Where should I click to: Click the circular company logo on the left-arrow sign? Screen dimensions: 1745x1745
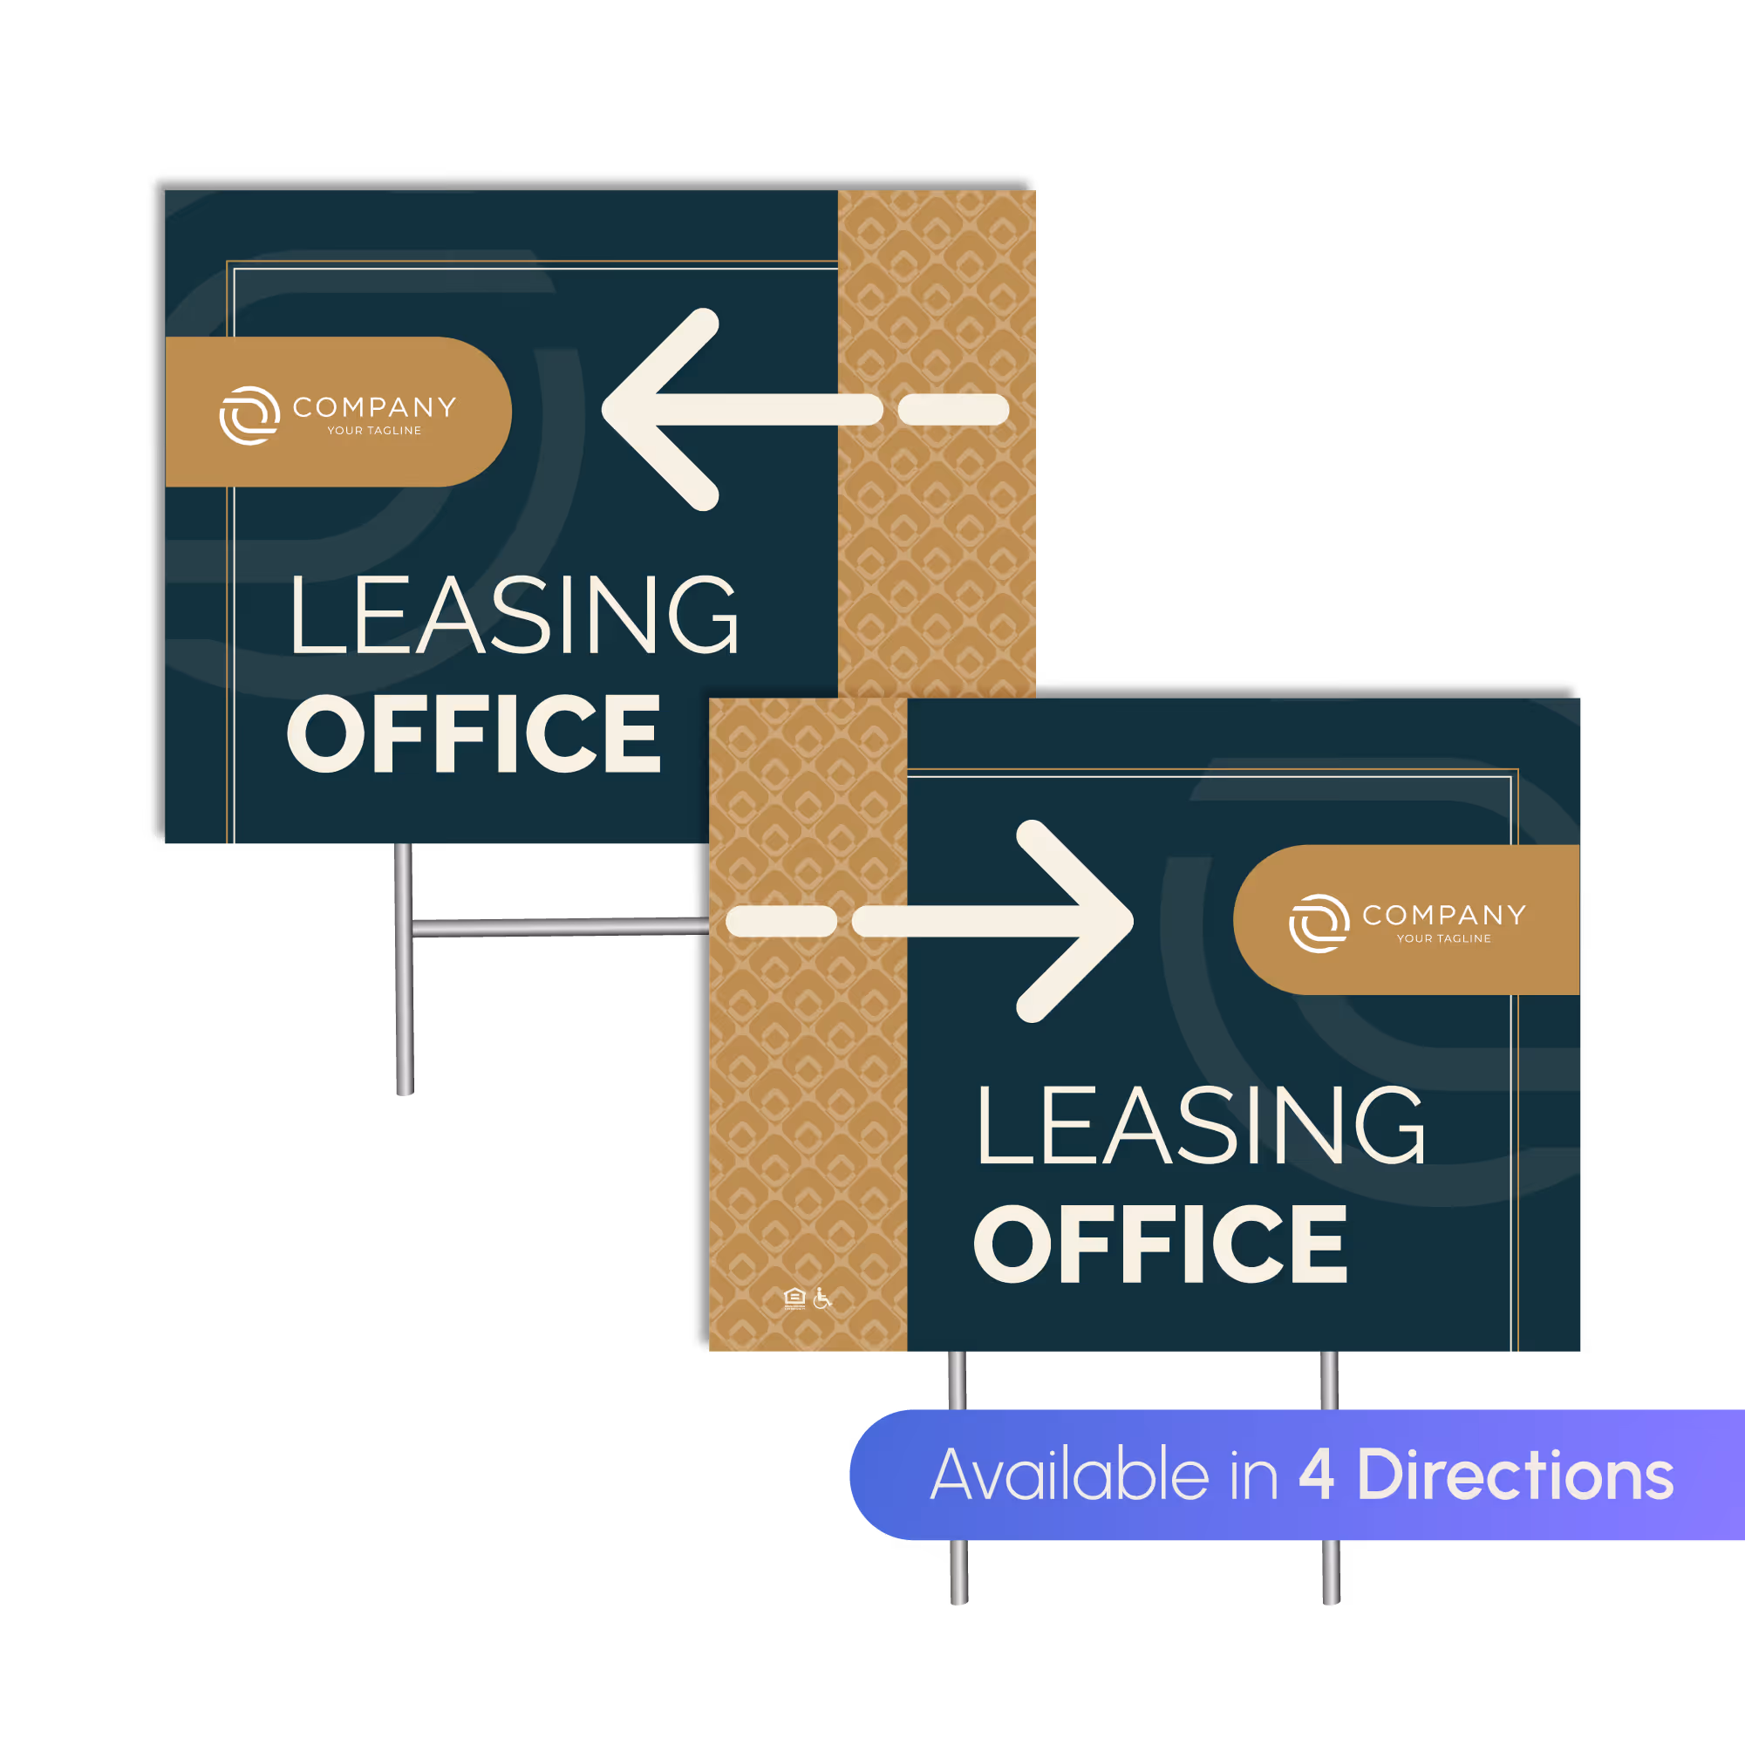(x=249, y=415)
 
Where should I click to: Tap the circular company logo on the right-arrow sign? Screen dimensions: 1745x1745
(x=1319, y=923)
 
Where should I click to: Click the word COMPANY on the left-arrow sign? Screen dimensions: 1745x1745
(x=374, y=407)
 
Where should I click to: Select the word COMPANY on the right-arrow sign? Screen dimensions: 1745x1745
(x=1443, y=915)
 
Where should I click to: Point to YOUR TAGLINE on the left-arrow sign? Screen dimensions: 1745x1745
(x=374, y=431)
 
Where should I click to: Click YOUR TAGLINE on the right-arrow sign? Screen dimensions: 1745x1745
(x=1443, y=938)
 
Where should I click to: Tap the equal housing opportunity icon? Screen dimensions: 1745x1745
(x=794, y=1299)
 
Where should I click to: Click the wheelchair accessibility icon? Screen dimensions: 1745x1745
(x=821, y=1298)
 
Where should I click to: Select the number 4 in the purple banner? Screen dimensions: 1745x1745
(x=1316, y=1474)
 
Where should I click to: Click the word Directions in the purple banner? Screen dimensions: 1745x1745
(x=1515, y=1474)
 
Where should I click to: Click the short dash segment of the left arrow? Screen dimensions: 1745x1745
(x=953, y=409)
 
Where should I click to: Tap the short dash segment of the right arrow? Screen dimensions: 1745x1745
(x=781, y=921)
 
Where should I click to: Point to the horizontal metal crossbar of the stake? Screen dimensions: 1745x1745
(x=560, y=926)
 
